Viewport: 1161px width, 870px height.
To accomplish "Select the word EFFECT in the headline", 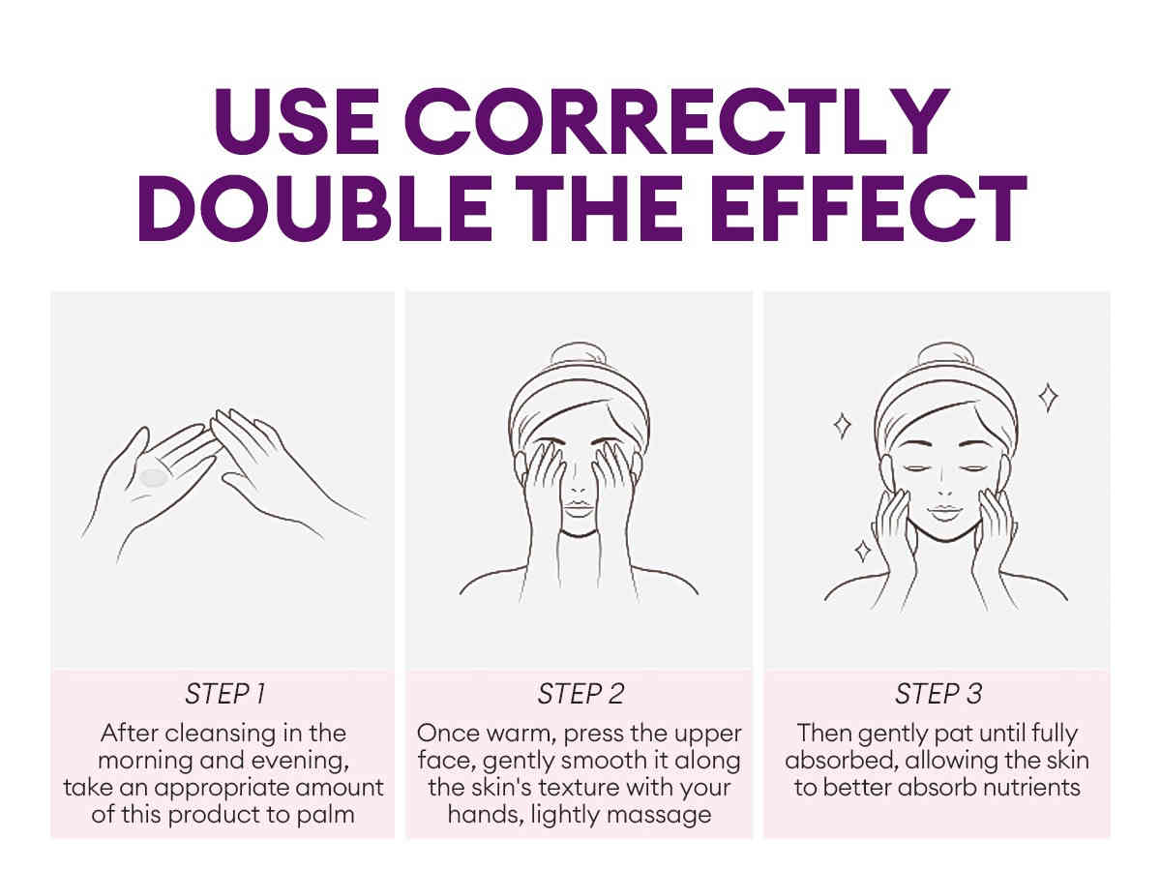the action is click(868, 209).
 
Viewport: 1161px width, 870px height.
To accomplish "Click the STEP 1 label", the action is click(224, 693).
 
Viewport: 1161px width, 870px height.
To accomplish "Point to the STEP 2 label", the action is click(580, 693).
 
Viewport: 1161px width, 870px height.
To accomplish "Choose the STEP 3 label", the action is click(938, 693).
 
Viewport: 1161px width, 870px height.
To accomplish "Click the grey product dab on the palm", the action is click(154, 477).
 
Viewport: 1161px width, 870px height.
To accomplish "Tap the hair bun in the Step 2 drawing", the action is click(579, 355).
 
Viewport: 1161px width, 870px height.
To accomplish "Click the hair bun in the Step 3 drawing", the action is click(945, 355).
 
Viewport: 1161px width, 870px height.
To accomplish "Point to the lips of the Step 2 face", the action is click(579, 508).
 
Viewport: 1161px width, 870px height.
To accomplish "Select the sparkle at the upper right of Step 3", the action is click(1048, 397).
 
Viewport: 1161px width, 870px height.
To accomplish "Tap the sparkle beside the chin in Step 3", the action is click(863, 551).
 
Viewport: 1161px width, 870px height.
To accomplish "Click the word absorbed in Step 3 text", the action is click(842, 761).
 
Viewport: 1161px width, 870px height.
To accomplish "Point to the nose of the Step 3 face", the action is click(944, 486).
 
